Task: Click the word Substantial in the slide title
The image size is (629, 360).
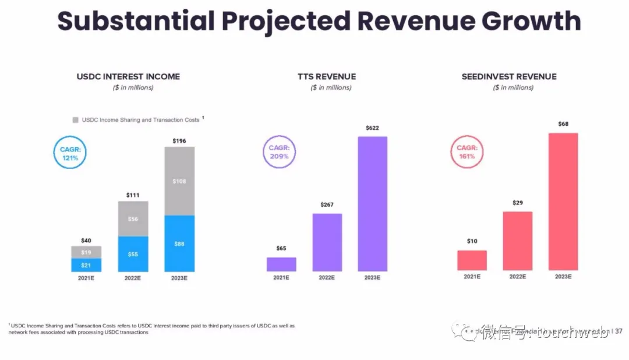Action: click(x=136, y=22)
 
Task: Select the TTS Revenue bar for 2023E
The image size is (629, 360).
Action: click(x=372, y=204)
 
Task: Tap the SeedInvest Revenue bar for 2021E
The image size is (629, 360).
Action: click(x=472, y=260)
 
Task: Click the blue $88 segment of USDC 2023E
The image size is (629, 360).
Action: click(x=179, y=243)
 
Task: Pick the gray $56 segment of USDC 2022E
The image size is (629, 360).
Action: click(x=133, y=218)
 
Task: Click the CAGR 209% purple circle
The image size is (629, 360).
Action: click(x=279, y=153)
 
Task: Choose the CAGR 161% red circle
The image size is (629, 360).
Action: click(x=467, y=153)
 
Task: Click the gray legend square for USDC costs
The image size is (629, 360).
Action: click(x=75, y=120)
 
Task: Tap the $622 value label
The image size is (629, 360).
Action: click(x=372, y=128)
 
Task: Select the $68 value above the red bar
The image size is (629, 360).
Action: click(x=563, y=123)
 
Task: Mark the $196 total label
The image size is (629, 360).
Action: click(x=179, y=141)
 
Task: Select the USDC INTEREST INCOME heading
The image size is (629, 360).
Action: click(x=128, y=76)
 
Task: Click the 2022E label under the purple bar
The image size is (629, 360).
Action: click(x=327, y=277)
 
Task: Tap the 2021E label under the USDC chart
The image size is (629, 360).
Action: click(x=86, y=278)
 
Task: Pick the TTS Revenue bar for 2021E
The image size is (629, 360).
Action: click(x=281, y=264)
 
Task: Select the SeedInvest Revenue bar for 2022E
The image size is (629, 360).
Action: click(x=517, y=241)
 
